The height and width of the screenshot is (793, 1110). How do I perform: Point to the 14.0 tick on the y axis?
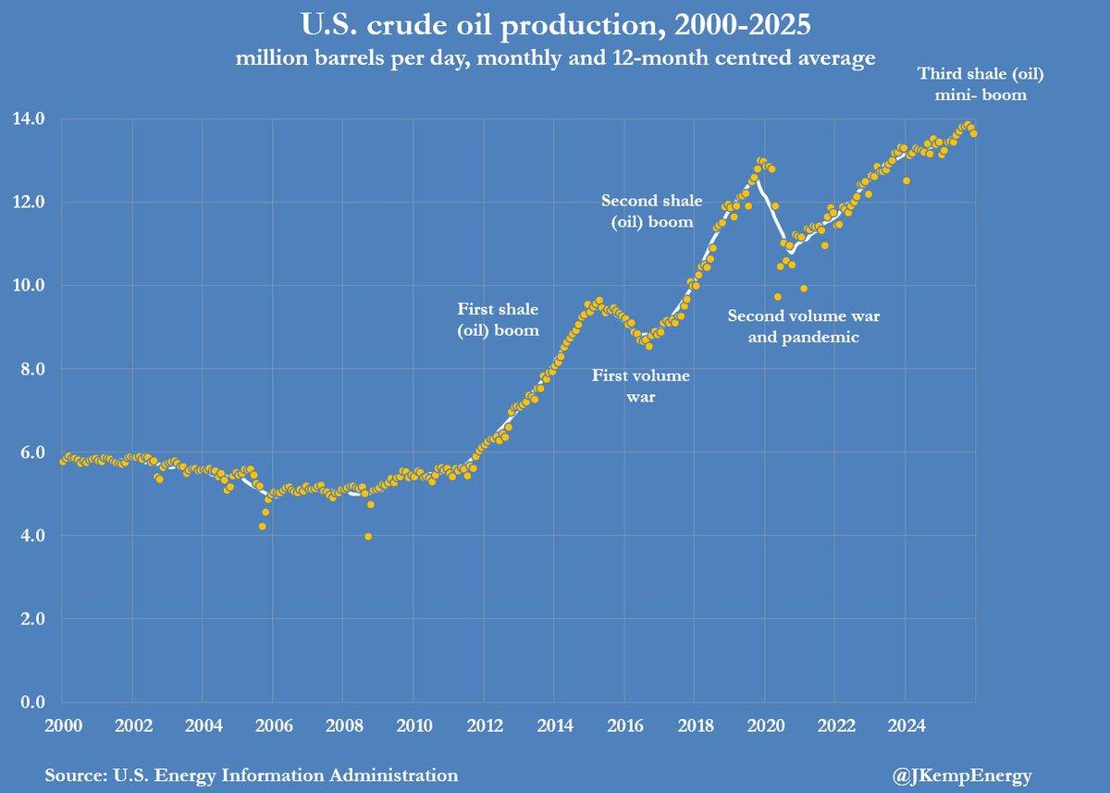pyautogui.click(x=29, y=118)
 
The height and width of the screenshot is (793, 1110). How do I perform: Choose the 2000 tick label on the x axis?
pyautogui.click(x=62, y=723)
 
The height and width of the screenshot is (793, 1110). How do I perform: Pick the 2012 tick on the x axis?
pyautogui.click(x=483, y=723)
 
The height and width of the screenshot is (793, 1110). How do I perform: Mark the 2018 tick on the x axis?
pyautogui.click(x=694, y=723)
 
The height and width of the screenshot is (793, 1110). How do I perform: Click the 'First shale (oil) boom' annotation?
pyautogui.click(x=498, y=319)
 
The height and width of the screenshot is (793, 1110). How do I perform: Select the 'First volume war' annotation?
pyautogui.click(x=640, y=386)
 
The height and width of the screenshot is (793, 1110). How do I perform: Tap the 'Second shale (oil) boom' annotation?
pyautogui.click(x=658, y=210)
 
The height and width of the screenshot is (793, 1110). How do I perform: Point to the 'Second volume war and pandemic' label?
pyautogui.click(x=804, y=327)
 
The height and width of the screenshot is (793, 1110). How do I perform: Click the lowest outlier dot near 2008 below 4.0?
pyautogui.click(x=369, y=537)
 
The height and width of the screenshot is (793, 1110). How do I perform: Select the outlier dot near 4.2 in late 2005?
pyautogui.click(x=263, y=527)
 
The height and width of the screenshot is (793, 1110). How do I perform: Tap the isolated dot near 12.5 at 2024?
pyautogui.click(x=906, y=180)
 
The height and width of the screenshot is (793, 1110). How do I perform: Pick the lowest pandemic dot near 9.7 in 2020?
pyautogui.click(x=778, y=297)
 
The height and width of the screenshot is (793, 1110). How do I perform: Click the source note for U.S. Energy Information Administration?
pyautogui.click(x=251, y=774)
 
